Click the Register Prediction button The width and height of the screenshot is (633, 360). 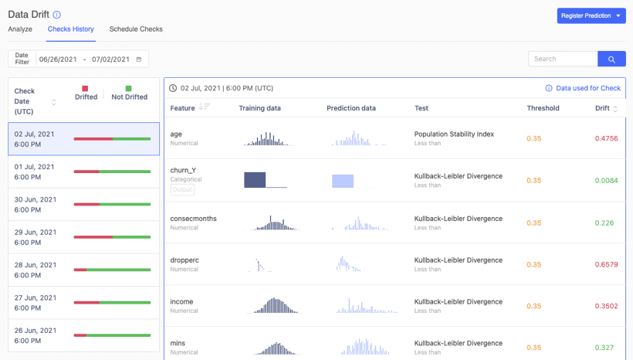(x=591, y=15)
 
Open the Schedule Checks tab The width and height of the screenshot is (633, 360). (x=136, y=29)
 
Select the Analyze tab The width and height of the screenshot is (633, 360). (x=20, y=29)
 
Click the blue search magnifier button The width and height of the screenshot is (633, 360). (x=611, y=59)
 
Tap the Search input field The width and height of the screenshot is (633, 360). (x=563, y=59)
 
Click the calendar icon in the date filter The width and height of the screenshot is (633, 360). (x=139, y=59)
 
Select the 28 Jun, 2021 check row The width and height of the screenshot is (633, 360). (x=83, y=270)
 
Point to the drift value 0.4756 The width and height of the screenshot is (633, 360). (x=606, y=138)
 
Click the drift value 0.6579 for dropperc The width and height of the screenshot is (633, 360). (x=606, y=264)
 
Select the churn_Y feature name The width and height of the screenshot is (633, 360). (x=183, y=170)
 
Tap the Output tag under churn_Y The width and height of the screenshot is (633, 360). (x=182, y=189)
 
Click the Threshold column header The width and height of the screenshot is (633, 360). (x=543, y=108)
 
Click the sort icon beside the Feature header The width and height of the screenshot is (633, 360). (x=205, y=107)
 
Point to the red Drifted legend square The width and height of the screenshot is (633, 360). (x=85, y=89)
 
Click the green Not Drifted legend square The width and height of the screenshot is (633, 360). (x=128, y=89)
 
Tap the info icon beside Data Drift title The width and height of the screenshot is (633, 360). (x=57, y=15)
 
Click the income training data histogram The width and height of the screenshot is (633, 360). (x=274, y=305)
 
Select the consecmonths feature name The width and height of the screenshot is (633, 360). (x=193, y=219)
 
